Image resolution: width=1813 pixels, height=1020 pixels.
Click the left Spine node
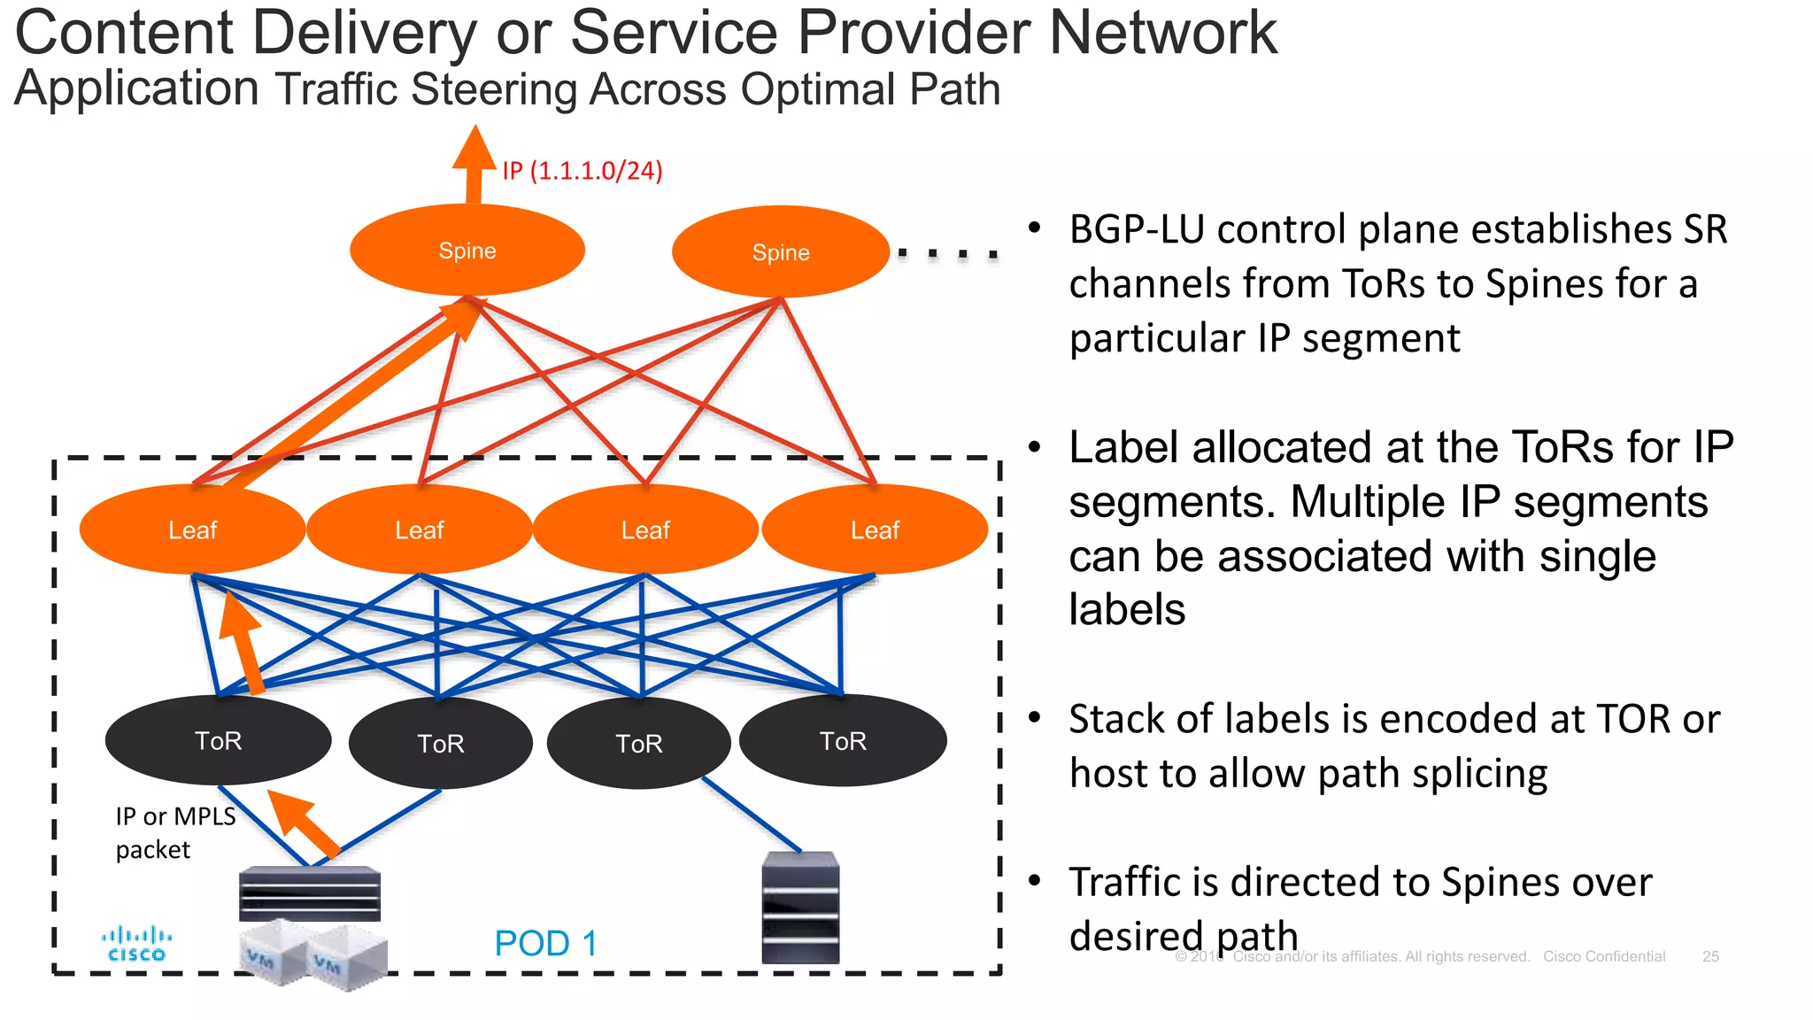click(467, 251)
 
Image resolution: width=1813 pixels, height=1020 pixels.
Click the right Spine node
click(780, 252)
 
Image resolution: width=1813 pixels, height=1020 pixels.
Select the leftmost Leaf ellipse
click(192, 529)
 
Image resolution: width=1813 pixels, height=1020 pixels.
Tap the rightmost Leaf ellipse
click(875, 529)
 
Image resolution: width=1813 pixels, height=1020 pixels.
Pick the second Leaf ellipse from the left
click(419, 529)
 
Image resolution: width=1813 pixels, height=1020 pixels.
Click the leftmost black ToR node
click(218, 740)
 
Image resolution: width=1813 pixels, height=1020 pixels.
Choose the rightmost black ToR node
click(843, 740)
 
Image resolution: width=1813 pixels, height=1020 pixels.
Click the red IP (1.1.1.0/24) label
click(582, 170)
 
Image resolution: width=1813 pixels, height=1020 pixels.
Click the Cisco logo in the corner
click(136, 944)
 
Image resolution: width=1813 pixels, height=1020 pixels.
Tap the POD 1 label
click(545, 943)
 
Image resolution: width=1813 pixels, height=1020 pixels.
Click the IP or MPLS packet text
click(175, 832)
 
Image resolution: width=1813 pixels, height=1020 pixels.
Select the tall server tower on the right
click(800, 908)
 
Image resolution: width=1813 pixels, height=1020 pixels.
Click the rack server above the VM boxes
click(310, 894)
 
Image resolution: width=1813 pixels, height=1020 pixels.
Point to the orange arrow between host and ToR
click(303, 823)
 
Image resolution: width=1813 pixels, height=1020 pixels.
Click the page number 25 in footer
click(1710, 956)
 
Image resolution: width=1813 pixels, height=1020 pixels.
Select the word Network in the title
click(1162, 32)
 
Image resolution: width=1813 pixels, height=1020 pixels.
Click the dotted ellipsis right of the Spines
click(947, 255)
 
